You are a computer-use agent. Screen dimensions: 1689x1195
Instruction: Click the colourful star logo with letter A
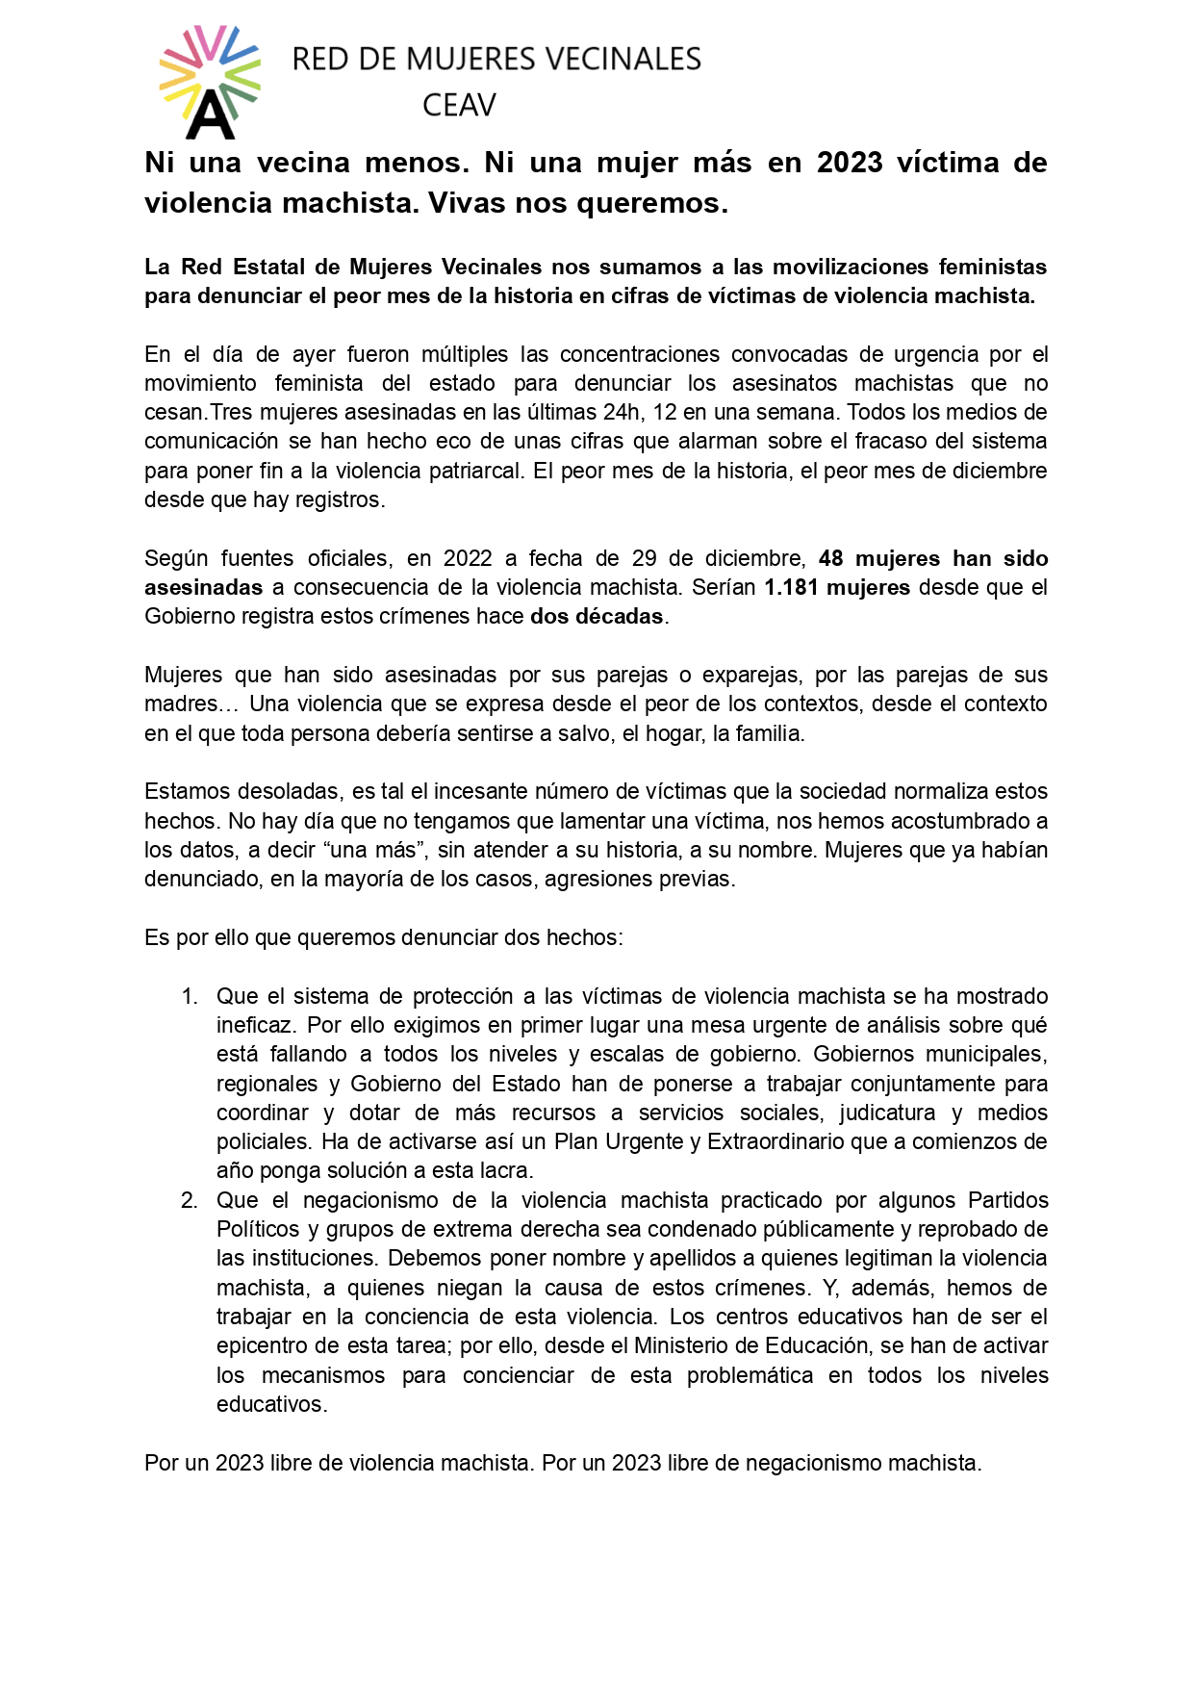click(x=210, y=83)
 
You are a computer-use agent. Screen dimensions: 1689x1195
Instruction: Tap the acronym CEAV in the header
click(x=459, y=105)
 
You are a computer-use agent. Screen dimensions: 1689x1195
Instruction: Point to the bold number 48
click(x=830, y=558)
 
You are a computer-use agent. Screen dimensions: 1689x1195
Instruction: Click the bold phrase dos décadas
click(x=597, y=616)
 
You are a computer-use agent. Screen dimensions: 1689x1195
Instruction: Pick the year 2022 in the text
click(x=468, y=558)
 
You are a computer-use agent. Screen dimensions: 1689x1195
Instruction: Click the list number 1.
click(x=190, y=996)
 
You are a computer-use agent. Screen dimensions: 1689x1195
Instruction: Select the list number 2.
click(x=190, y=1200)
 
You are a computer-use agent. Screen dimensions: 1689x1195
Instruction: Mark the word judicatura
click(x=887, y=1113)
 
